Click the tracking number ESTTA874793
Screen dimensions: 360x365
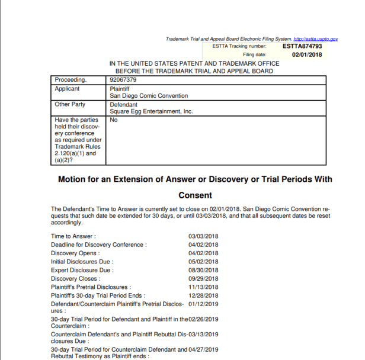click(x=302, y=46)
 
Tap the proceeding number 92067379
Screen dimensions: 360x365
click(x=123, y=79)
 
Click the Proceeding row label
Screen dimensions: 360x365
click(x=71, y=79)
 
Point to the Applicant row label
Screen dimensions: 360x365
click(x=67, y=88)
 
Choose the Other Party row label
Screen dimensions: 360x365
click(x=70, y=104)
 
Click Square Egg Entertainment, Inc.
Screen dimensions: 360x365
click(x=151, y=111)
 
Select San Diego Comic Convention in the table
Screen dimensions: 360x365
click(x=149, y=95)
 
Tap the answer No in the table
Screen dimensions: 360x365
click(x=114, y=120)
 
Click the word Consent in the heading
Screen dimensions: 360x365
click(x=196, y=195)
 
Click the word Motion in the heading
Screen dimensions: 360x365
click(x=73, y=179)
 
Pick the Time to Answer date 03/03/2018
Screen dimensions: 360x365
click(x=203, y=236)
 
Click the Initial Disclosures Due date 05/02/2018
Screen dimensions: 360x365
click(x=203, y=262)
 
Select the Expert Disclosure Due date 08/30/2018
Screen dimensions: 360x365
click(x=203, y=270)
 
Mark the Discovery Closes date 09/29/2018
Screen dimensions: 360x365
click(x=203, y=278)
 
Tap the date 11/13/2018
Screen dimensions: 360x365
click(x=203, y=287)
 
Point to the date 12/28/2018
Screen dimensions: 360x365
click(x=203, y=295)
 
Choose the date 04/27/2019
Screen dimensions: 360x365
click(x=203, y=349)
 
